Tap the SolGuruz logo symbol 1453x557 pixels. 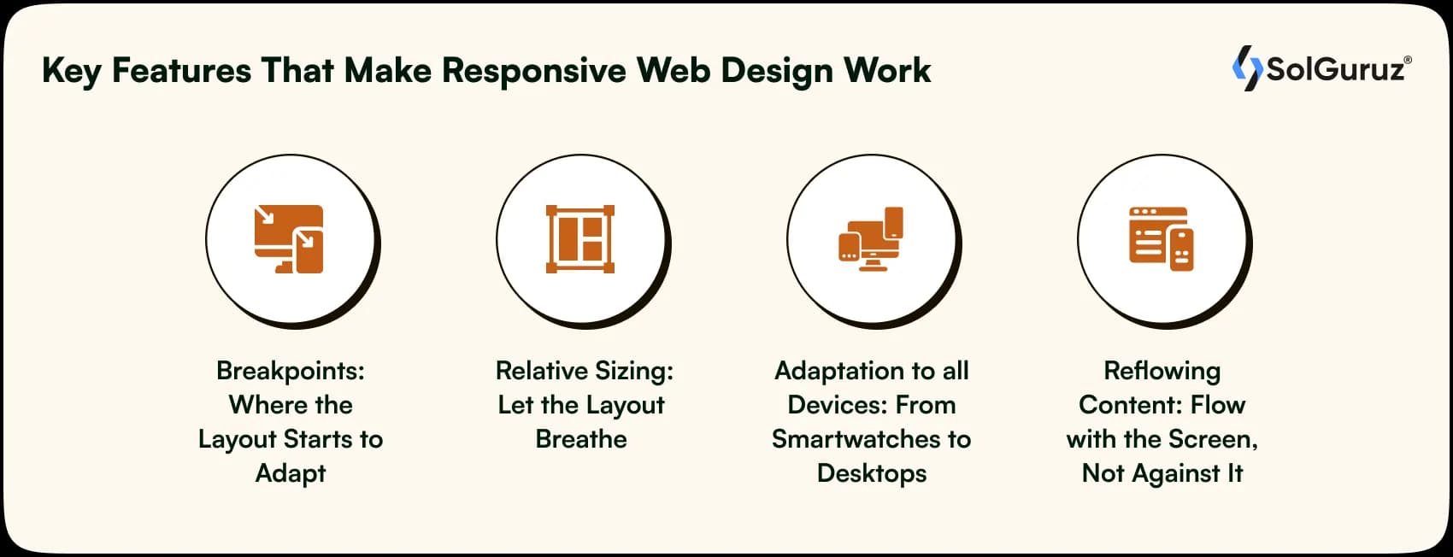click(x=1247, y=68)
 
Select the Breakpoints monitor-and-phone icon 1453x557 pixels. click(x=289, y=239)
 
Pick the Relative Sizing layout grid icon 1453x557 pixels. click(x=579, y=239)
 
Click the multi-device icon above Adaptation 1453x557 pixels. click(x=870, y=238)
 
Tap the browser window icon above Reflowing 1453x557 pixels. click(x=1161, y=238)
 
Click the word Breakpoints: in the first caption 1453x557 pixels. click(x=291, y=371)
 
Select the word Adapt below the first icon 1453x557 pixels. click(x=291, y=474)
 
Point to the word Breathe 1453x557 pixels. click(x=581, y=439)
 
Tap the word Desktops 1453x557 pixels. click(x=872, y=474)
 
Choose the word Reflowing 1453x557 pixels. click(x=1162, y=372)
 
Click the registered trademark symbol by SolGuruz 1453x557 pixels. click(x=1408, y=60)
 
